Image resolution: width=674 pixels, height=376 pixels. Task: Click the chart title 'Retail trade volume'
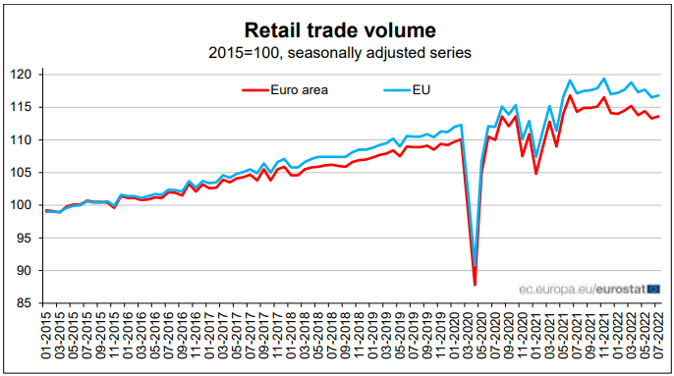tap(338, 29)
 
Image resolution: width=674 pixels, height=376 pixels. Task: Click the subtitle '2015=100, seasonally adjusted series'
tap(338, 51)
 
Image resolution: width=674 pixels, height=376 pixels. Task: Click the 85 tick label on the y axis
tap(28, 303)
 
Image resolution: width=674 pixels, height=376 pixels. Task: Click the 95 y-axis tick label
tap(28, 239)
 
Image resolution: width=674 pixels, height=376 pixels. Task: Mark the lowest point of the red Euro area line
tap(475, 285)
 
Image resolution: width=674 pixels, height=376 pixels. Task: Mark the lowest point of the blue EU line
tap(475, 266)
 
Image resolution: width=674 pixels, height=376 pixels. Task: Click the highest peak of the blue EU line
tap(603, 79)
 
